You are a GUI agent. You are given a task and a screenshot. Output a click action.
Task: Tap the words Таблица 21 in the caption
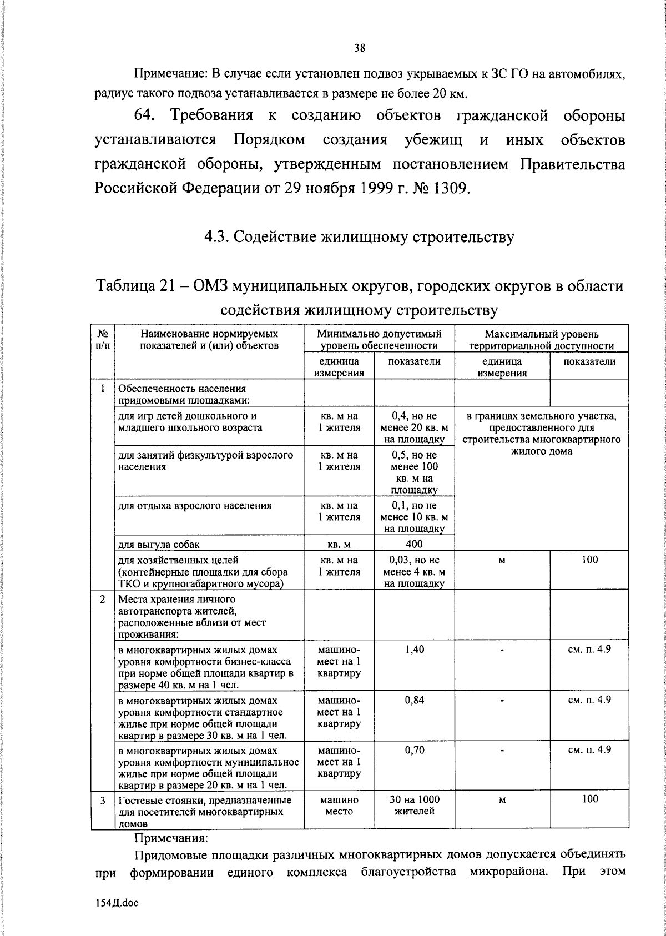[x=136, y=286]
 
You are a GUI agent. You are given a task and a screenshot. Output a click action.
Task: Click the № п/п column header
[x=103, y=339]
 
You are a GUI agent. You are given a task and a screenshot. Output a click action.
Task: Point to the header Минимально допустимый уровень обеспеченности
[x=379, y=339]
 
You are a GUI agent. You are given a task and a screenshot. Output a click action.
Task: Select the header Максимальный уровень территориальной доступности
[x=541, y=339]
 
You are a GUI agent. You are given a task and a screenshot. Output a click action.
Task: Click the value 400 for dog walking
[x=414, y=544]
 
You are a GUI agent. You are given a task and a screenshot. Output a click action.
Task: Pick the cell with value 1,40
[x=415, y=649]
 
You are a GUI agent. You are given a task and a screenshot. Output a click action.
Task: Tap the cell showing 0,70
[x=415, y=750]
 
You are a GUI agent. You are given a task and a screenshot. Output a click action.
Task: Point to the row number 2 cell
[x=103, y=600]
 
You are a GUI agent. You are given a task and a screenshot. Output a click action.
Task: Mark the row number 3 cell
[x=103, y=801]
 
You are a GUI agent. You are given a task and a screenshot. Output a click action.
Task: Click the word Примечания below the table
[x=171, y=837]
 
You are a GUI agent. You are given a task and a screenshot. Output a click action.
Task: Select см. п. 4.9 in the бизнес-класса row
[x=589, y=649]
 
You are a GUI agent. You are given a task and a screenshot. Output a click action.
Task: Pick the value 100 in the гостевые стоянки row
[x=590, y=799]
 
